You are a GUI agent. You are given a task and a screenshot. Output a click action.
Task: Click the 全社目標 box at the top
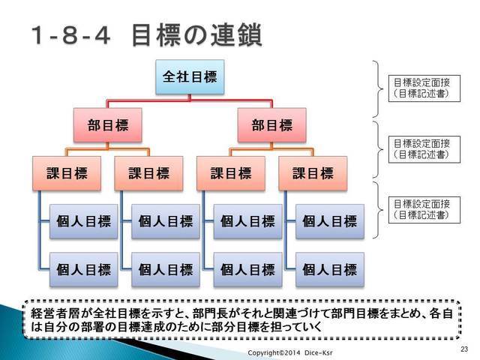click(x=190, y=76)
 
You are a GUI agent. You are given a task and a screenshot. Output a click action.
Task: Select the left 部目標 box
click(x=108, y=125)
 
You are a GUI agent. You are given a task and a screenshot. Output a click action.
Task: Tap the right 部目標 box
click(x=271, y=125)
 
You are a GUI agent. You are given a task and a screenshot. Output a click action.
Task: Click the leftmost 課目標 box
click(x=67, y=173)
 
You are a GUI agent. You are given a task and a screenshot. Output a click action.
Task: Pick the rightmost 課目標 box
click(x=313, y=173)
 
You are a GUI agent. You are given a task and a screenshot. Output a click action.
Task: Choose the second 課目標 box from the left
click(x=148, y=173)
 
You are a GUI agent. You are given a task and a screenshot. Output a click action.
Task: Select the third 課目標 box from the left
click(x=231, y=173)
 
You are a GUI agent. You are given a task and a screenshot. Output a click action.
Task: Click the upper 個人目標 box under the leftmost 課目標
click(x=83, y=221)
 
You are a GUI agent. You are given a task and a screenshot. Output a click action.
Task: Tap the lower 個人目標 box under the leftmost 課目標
click(x=83, y=270)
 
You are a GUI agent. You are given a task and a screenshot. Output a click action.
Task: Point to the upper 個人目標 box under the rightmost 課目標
click(x=330, y=221)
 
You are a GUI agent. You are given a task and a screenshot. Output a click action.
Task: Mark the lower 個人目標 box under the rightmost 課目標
click(x=330, y=270)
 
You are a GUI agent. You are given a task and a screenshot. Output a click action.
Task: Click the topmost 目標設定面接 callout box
click(x=424, y=88)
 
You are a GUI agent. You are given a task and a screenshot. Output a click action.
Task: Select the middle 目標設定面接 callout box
click(x=424, y=149)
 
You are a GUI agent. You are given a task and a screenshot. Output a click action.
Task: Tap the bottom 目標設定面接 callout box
click(x=424, y=210)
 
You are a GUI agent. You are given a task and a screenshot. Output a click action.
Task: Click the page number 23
click(x=464, y=349)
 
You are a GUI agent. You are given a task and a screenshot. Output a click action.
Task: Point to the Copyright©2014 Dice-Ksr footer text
click(x=290, y=352)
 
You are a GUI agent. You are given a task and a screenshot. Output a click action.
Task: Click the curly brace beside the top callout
click(x=378, y=88)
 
